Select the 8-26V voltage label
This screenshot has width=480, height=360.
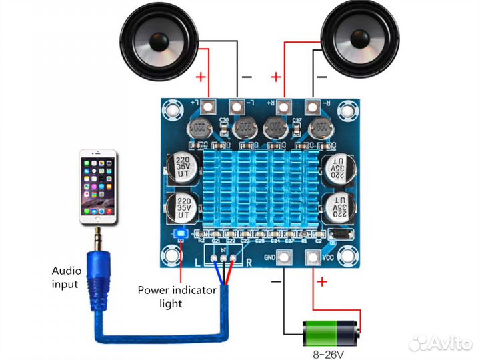(331, 353)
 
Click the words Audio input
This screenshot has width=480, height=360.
(67, 277)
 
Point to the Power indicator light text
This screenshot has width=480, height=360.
(176, 297)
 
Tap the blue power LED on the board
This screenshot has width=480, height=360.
(180, 233)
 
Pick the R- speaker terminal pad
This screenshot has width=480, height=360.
(311, 106)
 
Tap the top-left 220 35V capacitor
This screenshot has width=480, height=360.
(182, 167)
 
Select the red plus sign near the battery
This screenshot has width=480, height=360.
(322, 281)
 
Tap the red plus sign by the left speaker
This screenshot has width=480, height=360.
(201, 77)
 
